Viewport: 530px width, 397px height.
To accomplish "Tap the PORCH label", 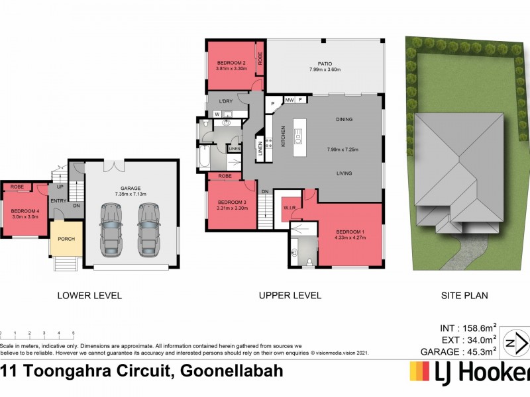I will pyautogui.click(x=66, y=239).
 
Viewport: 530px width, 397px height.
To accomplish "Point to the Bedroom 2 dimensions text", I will pyautogui.click(x=231, y=69).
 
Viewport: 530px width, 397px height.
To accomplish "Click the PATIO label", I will pyautogui.click(x=325, y=63).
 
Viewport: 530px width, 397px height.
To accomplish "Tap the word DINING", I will pyautogui.click(x=344, y=120).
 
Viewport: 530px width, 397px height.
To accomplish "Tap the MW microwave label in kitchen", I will pyautogui.click(x=289, y=100).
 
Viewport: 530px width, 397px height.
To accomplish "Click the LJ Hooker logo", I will pyautogui.click(x=470, y=373).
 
